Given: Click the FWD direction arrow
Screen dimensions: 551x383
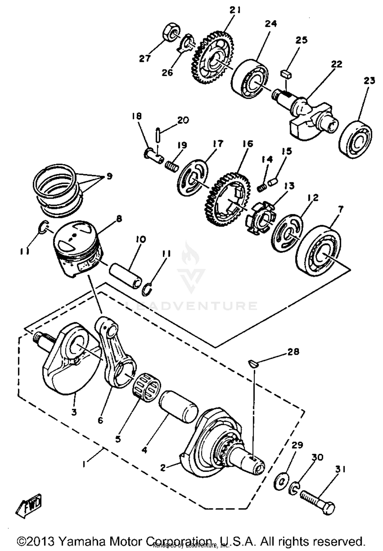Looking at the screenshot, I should pos(29,506).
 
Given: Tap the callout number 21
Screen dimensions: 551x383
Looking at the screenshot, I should pos(235,10).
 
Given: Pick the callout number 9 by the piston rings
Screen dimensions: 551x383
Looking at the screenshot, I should pos(109,176).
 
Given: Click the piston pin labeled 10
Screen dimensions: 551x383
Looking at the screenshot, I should pos(126,276).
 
